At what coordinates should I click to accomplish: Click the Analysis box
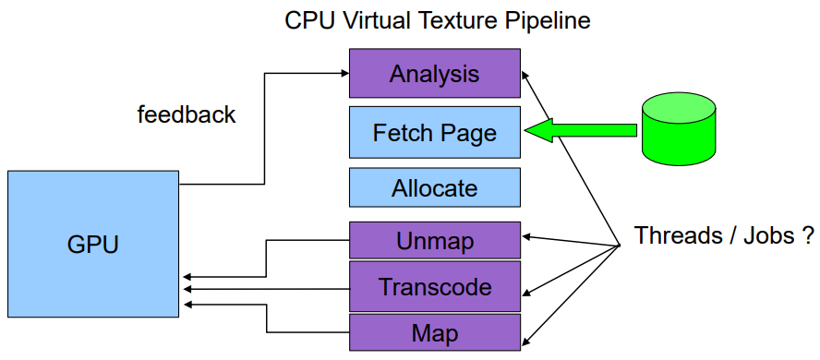(435, 73)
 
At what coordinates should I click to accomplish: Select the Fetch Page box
(435, 132)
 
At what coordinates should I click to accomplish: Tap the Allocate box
(435, 187)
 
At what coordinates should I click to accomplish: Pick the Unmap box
(435, 240)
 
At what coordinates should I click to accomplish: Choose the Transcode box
(435, 286)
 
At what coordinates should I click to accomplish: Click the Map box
(435, 332)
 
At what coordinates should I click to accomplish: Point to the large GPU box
(93, 244)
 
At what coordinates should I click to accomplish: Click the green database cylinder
(679, 130)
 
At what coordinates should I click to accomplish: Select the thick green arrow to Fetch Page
(580, 130)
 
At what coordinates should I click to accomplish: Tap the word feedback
(187, 114)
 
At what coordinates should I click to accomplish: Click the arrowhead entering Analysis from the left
(345, 74)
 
